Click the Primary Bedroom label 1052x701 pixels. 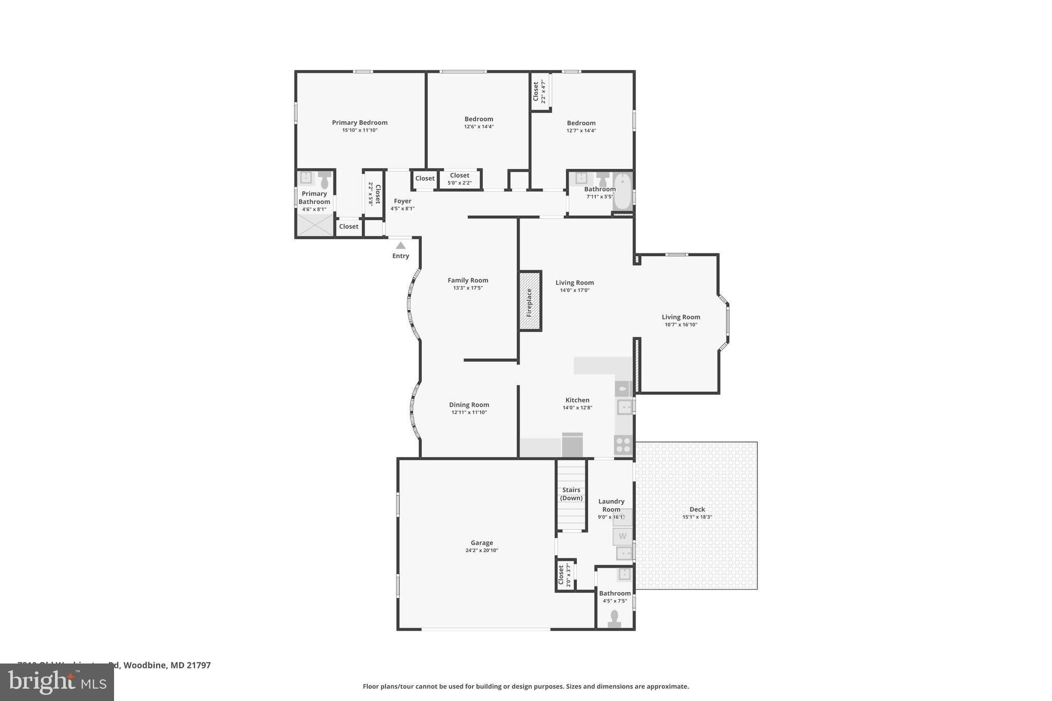360,122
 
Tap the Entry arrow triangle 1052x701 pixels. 401,246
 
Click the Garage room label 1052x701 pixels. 481,543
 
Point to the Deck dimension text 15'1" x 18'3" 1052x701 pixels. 697,517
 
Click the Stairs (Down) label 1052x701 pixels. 571,494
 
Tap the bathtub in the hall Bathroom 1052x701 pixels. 623,192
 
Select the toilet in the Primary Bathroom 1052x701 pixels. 325,181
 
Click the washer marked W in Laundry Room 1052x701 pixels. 623,536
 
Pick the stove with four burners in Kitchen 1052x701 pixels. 623,445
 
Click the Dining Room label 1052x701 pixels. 469,405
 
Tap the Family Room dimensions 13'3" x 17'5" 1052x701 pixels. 467,288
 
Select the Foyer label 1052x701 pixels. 403,201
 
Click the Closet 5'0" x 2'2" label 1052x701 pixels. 459,176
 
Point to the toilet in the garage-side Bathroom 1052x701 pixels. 614,618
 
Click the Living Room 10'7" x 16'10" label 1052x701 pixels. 681,317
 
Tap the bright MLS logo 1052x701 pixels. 57,682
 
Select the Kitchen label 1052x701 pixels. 577,400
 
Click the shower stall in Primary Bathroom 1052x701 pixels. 315,225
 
